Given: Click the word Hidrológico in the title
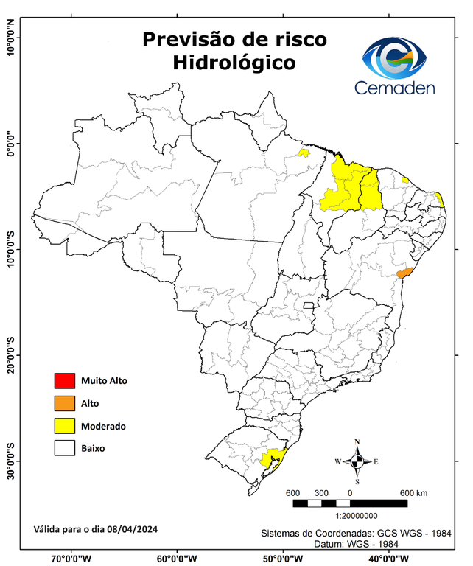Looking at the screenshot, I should click(234, 63).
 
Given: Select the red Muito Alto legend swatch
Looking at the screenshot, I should click(65, 381).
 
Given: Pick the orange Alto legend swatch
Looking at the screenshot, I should click(65, 403).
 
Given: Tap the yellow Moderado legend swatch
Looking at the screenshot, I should click(65, 425).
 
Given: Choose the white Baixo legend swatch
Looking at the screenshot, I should click(65, 447).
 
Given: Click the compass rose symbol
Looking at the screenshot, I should click(357, 461).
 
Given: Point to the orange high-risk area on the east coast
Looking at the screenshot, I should click(403, 273).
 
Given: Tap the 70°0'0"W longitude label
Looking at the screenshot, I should click(71, 558).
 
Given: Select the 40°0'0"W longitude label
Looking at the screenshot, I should click(390, 558).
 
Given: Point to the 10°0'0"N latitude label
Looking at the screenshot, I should click(10, 38).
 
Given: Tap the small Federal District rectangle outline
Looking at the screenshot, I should click(309, 304).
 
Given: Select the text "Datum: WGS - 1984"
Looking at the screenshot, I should click(362, 544).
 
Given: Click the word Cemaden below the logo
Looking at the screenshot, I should click(395, 88).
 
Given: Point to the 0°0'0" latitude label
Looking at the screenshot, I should click(10, 144).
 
